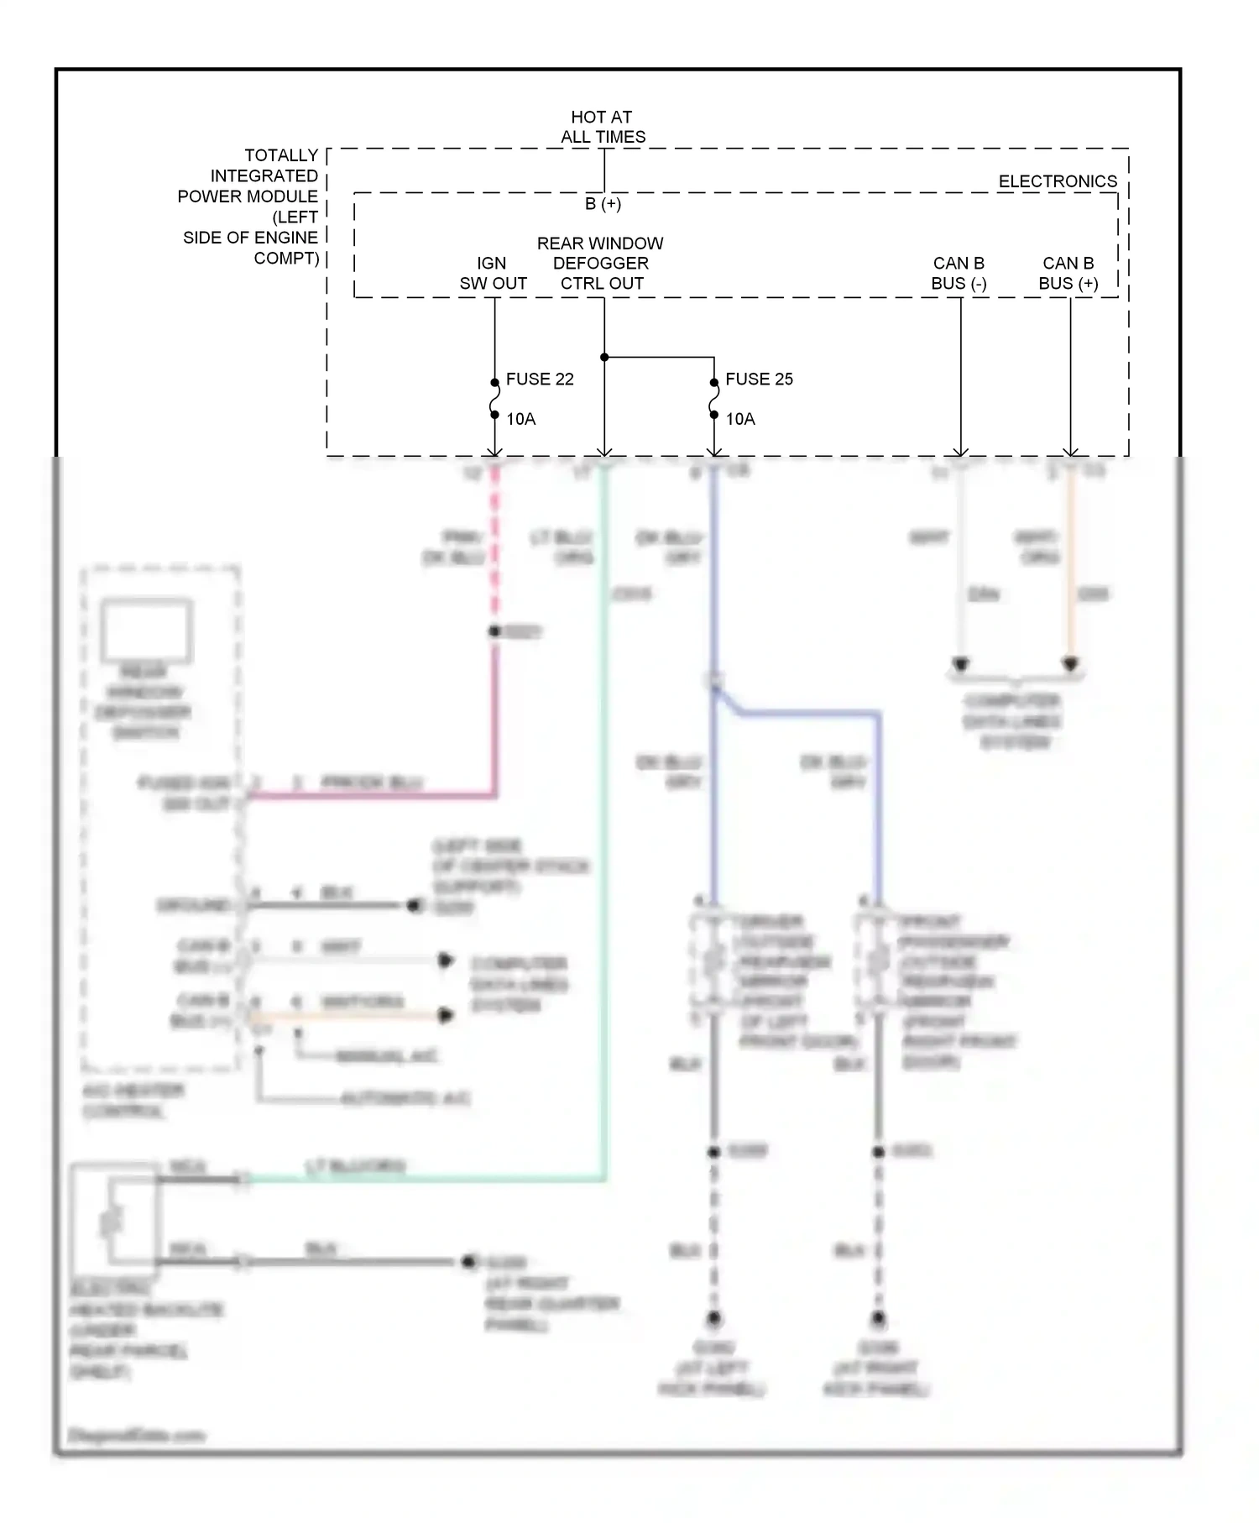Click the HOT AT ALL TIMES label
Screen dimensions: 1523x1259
coord(602,127)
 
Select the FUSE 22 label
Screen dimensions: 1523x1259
coord(539,379)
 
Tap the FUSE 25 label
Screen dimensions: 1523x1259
coord(759,379)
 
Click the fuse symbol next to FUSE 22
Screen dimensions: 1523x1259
coord(494,398)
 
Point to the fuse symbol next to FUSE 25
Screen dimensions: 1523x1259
coord(713,398)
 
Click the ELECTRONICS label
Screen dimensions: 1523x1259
coord(1057,181)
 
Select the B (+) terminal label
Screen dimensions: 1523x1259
coord(603,204)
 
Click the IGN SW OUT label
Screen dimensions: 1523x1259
coord(493,274)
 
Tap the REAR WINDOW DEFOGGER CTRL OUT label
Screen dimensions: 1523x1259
coord(601,263)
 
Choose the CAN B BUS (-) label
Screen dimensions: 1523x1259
coord(959,274)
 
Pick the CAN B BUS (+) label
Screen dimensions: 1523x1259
coord(1068,274)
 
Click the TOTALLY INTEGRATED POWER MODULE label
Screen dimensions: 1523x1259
coord(251,207)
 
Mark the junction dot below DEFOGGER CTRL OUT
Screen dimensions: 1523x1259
coord(604,357)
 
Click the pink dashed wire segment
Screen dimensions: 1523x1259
coord(494,546)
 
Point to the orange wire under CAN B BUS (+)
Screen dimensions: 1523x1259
coord(1070,571)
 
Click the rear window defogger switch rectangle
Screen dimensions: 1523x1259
coord(147,630)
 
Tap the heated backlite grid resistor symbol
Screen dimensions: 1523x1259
coord(112,1222)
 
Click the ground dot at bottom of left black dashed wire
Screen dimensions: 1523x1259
coord(713,1318)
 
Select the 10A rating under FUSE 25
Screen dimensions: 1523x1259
coord(740,418)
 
